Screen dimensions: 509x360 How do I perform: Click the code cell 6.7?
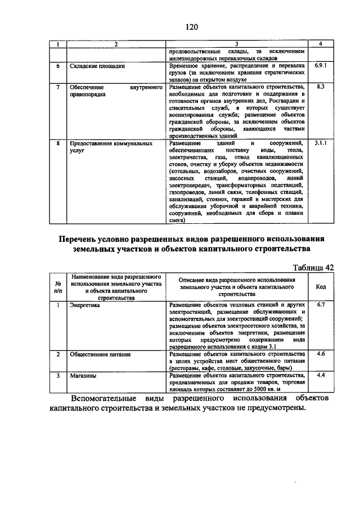[321, 304]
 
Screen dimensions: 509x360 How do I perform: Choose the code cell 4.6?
[321, 354]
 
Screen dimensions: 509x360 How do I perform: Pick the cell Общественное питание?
[100, 354]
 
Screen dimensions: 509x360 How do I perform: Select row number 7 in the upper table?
[57, 87]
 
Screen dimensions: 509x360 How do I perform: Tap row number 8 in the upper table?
[57, 143]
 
